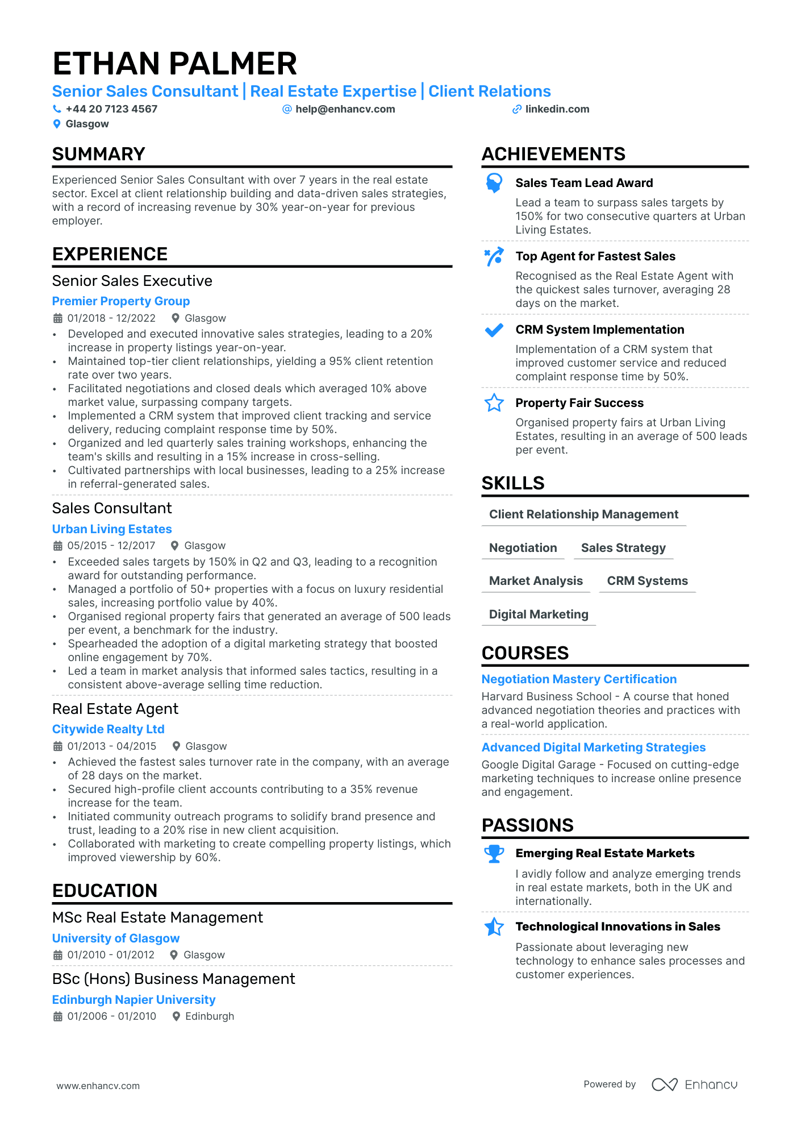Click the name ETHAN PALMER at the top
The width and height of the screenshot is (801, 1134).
(174, 64)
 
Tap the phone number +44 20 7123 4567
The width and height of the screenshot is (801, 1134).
(111, 109)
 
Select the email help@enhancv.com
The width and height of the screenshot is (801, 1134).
(345, 109)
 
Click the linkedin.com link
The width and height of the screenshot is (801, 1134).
(557, 109)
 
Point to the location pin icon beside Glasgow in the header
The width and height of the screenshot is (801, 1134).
(57, 124)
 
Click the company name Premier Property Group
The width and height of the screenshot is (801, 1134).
(121, 301)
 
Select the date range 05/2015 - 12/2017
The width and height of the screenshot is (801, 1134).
(111, 546)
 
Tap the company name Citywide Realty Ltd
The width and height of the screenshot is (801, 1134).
(108, 729)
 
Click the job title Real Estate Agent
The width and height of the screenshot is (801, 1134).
(115, 709)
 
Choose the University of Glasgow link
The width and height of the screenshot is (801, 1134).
(116, 938)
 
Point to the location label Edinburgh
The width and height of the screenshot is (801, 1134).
(210, 1016)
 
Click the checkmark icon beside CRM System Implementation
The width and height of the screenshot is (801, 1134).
(494, 330)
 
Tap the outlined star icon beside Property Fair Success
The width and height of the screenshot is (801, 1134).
(494, 403)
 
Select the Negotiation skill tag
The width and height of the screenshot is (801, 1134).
(523, 548)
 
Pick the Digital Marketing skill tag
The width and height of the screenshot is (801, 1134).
(539, 614)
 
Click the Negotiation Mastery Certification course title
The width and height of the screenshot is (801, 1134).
(579, 679)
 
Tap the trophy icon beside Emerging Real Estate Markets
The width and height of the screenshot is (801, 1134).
(494, 854)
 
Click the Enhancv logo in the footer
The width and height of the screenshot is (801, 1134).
(694, 1085)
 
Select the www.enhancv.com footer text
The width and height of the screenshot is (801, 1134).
(98, 1086)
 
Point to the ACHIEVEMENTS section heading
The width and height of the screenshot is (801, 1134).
(553, 154)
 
